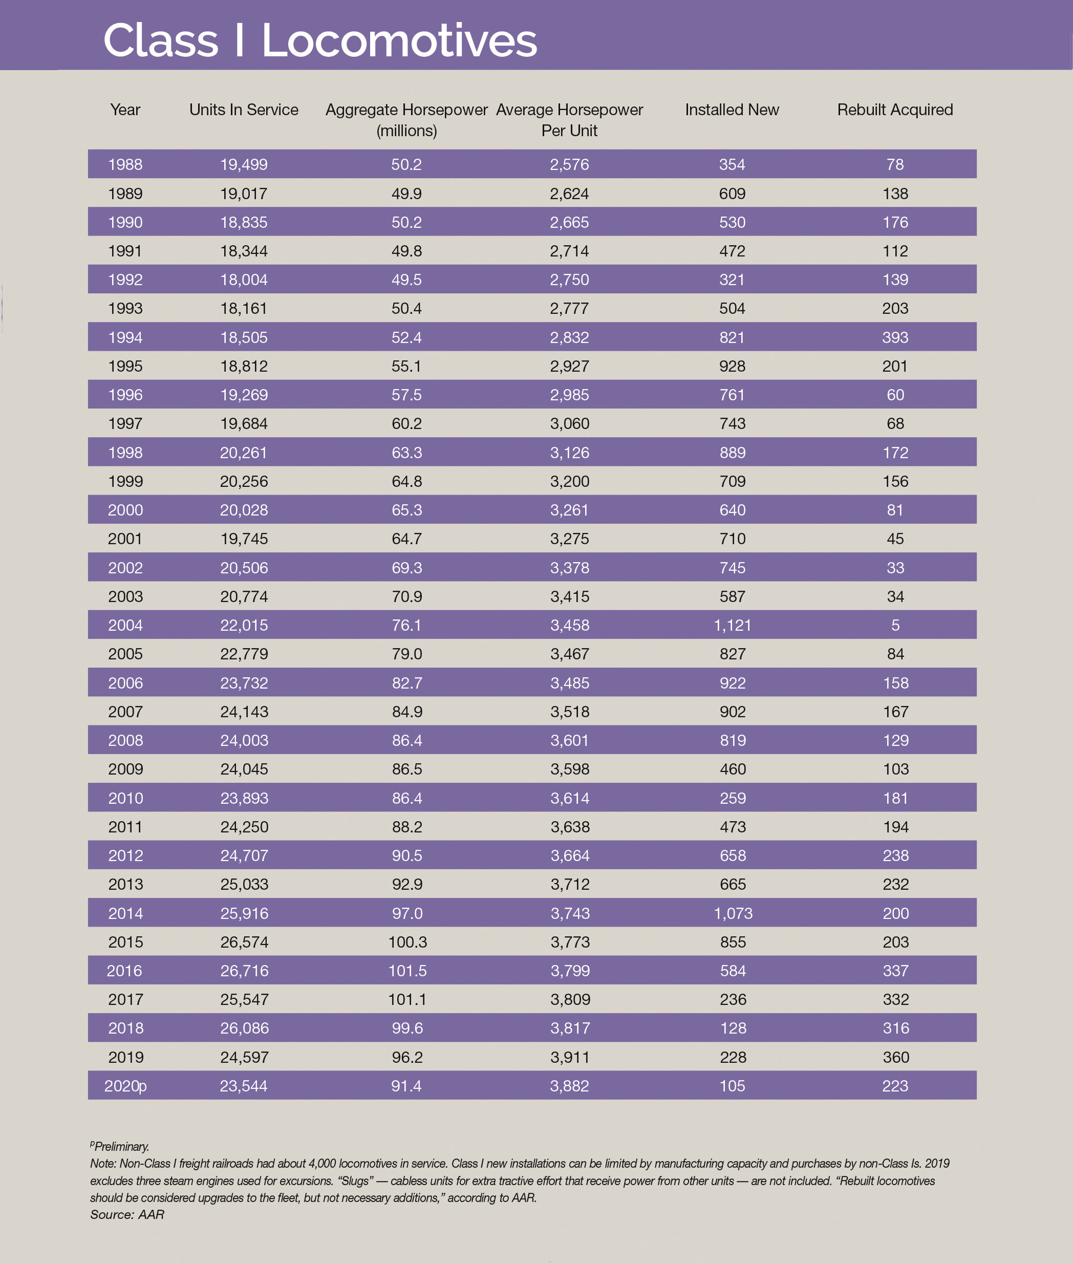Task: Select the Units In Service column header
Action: (243, 110)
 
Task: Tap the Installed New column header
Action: (732, 110)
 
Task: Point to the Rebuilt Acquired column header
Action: (895, 110)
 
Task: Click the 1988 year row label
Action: (125, 164)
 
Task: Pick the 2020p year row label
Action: (125, 1086)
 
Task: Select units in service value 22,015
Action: (244, 625)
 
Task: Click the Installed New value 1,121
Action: (733, 625)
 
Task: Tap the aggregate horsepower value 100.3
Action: (407, 942)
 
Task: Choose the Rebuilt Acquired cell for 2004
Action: (895, 625)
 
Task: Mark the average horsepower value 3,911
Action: (570, 1057)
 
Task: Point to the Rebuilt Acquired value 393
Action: (895, 337)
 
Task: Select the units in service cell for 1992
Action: (244, 280)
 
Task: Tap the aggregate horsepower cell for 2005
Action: (407, 654)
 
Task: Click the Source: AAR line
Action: (127, 1215)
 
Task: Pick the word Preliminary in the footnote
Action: (122, 1147)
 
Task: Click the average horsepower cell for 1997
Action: (570, 423)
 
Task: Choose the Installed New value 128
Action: (733, 1028)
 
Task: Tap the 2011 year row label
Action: (125, 827)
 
